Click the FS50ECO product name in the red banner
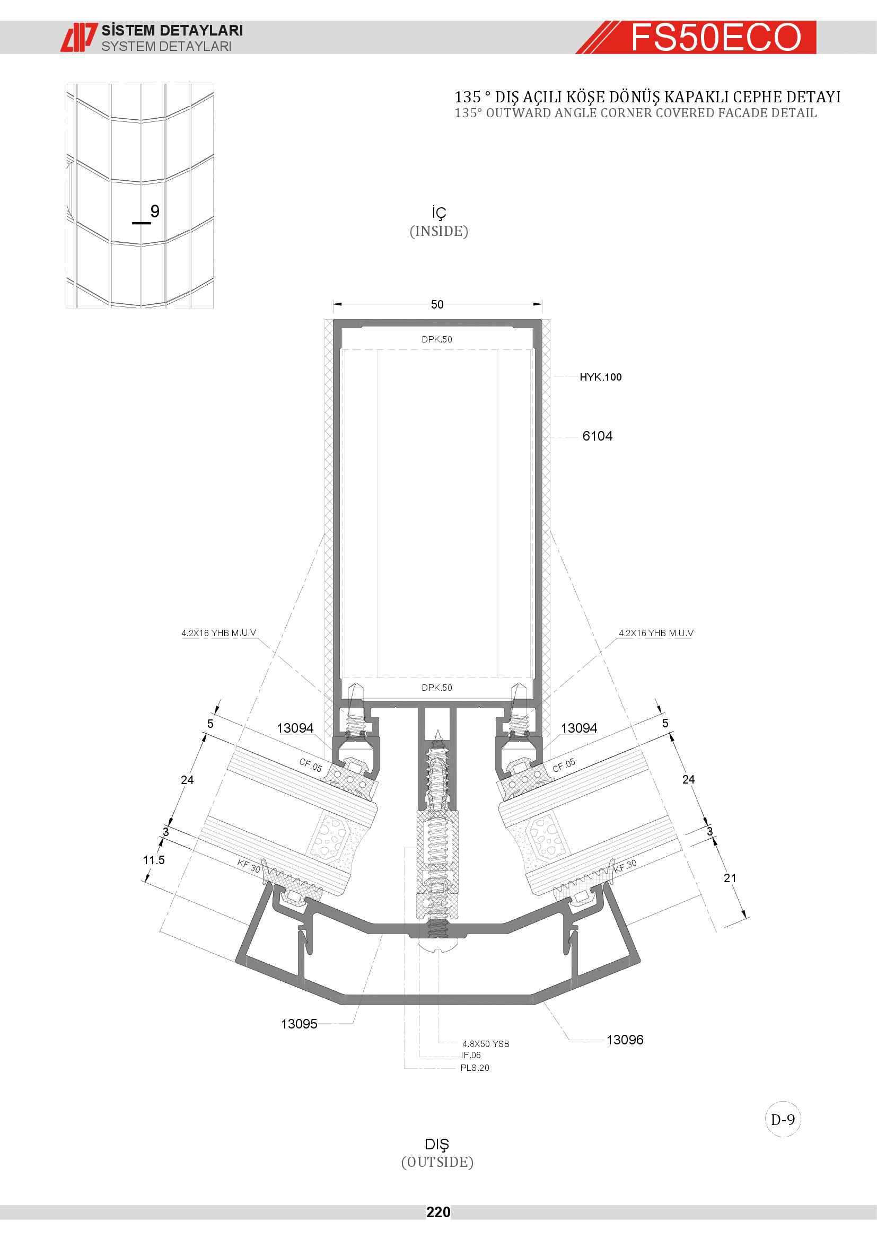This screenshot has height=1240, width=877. pyautogui.click(x=716, y=37)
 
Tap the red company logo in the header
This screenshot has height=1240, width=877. pyautogui.click(x=79, y=37)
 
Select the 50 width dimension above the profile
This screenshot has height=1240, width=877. pyautogui.click(x=437, y=305)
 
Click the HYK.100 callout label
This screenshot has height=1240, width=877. pyautogui.click(x=601, y=377)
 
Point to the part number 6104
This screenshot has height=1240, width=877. pyautogui.click(x=597, y=436)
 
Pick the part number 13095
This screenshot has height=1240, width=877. pyautogui.click(x=299, y=1024)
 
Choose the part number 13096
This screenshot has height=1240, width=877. pyautogui.click(x=625, y=1040)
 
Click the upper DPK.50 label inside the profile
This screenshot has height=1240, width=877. pyautogui.click(x=437, y=339)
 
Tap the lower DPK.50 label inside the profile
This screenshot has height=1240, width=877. pyautogui.click(x=437, y=688)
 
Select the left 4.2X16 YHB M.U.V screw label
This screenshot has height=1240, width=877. pyautogui.click(x=218, y=633)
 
